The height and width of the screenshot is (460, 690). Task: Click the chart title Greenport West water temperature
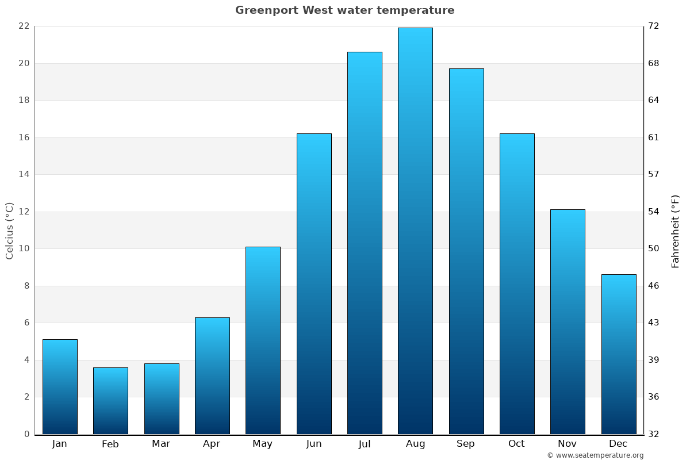(x=344, y=10)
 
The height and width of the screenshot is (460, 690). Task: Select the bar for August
(x=415, y=231)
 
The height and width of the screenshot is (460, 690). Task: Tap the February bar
(x=110, y=401)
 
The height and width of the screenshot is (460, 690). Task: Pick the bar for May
(x=263, y=340)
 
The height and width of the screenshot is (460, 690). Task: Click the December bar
(x=619, y=354)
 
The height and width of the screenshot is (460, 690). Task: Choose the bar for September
(x=466, y=251)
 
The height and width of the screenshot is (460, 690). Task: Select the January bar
(x=60, y=386)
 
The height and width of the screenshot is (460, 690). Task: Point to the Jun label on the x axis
(x=314, y=444)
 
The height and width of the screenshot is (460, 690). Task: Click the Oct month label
(x=516, y=444)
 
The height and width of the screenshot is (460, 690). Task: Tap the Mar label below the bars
(x=161, y=444)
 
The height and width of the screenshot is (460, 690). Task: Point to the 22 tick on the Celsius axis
(x=24, y=26)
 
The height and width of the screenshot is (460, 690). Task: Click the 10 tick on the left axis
(x=24, y=249)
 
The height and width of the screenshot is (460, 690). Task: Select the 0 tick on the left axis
(x=26, y=434)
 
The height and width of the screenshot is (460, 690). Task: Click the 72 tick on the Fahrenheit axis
(x=654, y=26)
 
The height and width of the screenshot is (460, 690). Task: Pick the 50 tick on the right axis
(x=654, y=249)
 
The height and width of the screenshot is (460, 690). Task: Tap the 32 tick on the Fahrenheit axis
(x=654, y=434)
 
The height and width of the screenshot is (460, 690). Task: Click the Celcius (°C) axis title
(x=9, y=231)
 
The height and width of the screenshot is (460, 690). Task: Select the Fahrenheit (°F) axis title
(x=676, y=231)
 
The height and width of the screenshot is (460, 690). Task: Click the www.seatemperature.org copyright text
(x=595, y=455)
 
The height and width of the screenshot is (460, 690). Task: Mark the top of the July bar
(x=365, y=52)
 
